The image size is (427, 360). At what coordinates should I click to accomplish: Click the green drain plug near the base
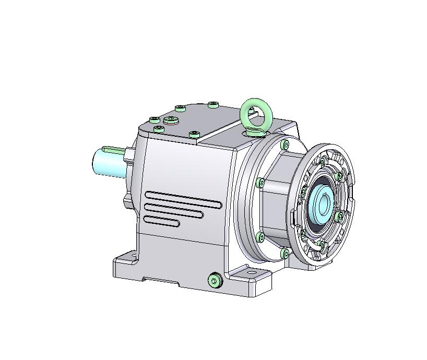tap(214, 281)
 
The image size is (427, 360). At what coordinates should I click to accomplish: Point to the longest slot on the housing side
tap(183, 199)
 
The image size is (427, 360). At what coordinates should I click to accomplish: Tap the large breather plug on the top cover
tap(171, 121)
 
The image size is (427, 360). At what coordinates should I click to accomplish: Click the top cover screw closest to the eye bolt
tap(212, 105)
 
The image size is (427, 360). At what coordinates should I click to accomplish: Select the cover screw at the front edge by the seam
tap(194, 135)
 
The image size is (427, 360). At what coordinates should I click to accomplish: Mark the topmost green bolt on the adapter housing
tap(284, 145)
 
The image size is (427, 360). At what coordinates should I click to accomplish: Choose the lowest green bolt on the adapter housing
tap(284, 254)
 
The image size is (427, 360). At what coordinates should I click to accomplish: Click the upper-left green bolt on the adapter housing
tap(260, 183)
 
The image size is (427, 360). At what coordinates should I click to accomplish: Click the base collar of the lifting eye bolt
tap(255, 130)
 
